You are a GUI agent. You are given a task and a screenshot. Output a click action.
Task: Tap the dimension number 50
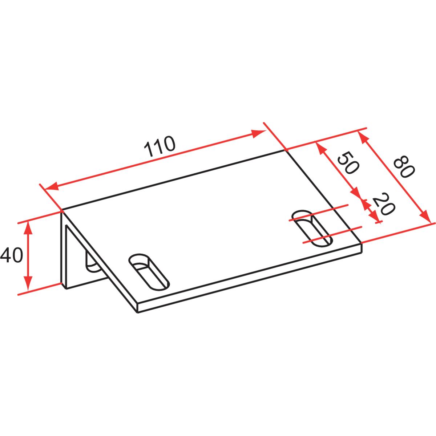click(x=348, y=163)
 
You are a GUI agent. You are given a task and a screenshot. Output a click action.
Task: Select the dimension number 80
click(x=404, y=166)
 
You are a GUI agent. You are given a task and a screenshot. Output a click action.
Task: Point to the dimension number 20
click(x=384, y=203)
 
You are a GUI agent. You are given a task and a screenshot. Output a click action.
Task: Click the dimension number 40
click(x=12, y=255)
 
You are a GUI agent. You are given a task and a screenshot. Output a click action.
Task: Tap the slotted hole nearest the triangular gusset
click(x=149, y=272)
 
